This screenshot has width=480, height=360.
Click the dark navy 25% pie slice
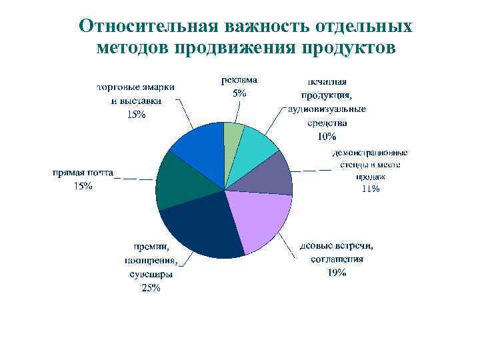pos(200,230)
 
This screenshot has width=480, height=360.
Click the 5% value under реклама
pos(239,93)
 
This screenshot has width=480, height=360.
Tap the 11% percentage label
pos(370,189)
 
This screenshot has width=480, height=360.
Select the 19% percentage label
pos(337,273)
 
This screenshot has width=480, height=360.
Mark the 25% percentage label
pos(151,288)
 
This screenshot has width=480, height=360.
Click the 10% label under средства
pos(327,137)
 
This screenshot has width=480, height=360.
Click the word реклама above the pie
pos(239,80)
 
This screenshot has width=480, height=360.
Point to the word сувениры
pos(151,274)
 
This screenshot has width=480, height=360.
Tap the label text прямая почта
pos(83,173)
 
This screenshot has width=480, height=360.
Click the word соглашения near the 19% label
pos(337,259)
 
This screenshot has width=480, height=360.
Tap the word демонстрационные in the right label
pos(371,153)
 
